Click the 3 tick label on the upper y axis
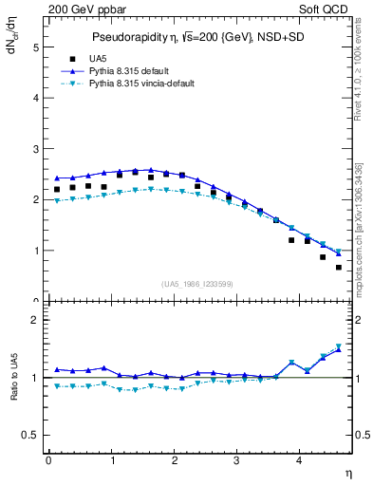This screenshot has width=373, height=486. pos(35,149)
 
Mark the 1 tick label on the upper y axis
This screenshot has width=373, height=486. pos(35,251)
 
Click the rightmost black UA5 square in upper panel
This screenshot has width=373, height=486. pos(339,267)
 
